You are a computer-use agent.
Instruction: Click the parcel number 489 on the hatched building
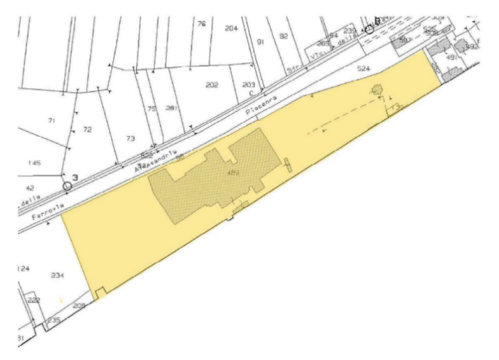click(x=232, y=173)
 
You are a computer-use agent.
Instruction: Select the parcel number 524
click(x=364, y=68)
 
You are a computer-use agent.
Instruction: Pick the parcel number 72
click(x=88, y=130)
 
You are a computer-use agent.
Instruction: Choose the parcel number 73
click(x=130, y=138)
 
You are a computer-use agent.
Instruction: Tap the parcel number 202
click(x=212, y=85)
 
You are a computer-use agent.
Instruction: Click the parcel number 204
click(x=231, y=28)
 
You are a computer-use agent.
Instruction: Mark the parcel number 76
click(x=201, y=24)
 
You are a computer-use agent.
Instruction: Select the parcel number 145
click(x=34, y=163)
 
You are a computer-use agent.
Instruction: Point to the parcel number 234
click(x=58, y=274)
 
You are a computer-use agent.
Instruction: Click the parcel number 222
click(x=34, y=299)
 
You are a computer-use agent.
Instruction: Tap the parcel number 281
click(x=171, y=108)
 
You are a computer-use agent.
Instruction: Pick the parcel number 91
click(x=260, y=42)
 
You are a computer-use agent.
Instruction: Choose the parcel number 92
click(x=283, y=36)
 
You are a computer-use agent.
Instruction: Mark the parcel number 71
click(x=51, y=121)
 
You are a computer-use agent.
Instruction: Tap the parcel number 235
click(x=53, y=320)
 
